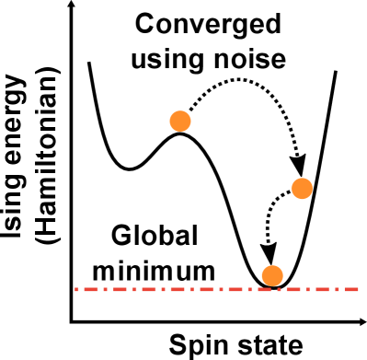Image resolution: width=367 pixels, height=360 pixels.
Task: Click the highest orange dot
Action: pyautogui.click(x=180, y=121)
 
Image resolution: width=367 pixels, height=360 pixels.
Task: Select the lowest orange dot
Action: pyautogui.click(x=271, y=275)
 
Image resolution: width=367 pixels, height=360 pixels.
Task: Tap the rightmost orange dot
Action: pyautogui.click(x=302, y=188)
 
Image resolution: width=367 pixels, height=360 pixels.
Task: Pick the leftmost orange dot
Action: pyautogui.click(x=180, y=121)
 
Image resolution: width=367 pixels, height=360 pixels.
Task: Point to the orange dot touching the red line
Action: pyautogui.click(x=271, y=275)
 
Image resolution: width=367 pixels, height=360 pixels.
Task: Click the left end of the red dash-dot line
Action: pyautogui.click(x=75, y=289)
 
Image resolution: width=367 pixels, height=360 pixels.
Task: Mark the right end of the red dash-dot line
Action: pyautogui.click(x=359, y=289)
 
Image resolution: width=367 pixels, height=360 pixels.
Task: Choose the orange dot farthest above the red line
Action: pyautogui.click(x=180, y=121)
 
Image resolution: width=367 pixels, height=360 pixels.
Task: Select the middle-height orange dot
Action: pyautogui.click(x=302, y=188)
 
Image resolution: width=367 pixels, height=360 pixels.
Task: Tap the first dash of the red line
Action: pyautogui.click(x=78, y=289)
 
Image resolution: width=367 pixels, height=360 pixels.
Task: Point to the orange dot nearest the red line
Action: pyautogui.click(x=271, y=275)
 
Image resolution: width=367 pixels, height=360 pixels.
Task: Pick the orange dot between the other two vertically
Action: pyautogui.click(x=302, y=188)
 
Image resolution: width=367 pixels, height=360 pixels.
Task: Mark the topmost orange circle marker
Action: pyautogui.click(x=180, y=121)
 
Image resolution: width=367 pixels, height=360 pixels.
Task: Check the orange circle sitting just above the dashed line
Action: pyautogui.click(x=271, y=275)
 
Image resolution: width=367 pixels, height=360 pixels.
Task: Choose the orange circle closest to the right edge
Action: pyautogui.click(x=302, y=188)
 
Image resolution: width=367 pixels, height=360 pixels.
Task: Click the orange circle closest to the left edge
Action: pyautogui.click(x=180, y=121)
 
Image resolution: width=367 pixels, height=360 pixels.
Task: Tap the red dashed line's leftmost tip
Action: pyautogui.click(x=75, y=289)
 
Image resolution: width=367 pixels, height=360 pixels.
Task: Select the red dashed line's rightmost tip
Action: pyautogui.click(x=359, y=289)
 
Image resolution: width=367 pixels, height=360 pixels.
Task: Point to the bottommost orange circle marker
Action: pyautogui.click(x=271, y=275)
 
